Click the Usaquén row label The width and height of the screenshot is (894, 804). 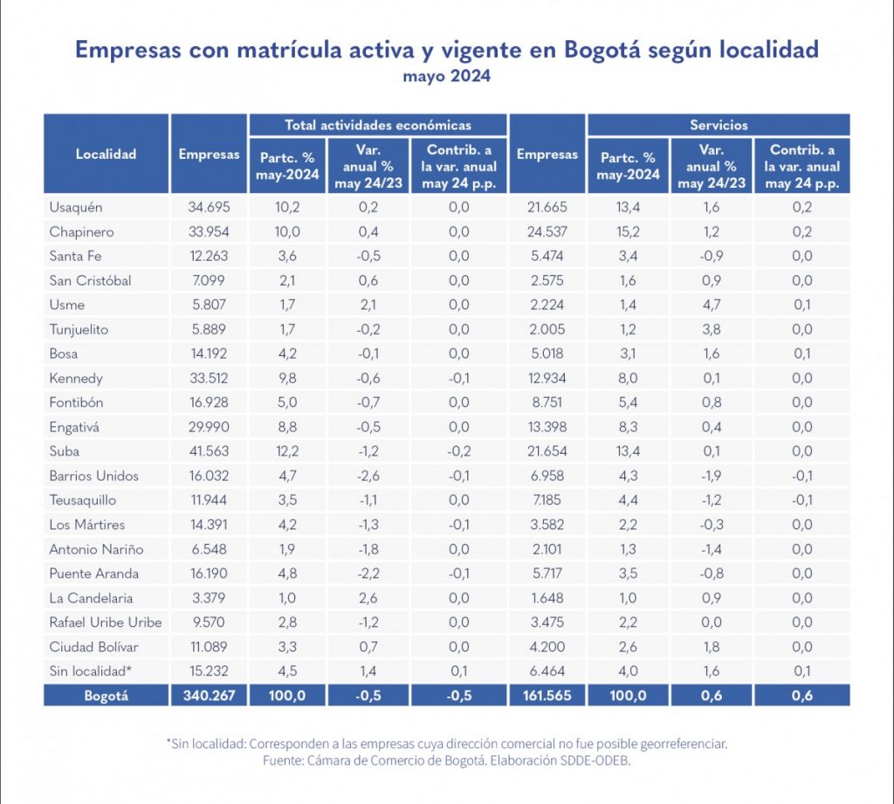click(x=76, y=208)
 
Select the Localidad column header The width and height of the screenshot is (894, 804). click(x=106, y=155)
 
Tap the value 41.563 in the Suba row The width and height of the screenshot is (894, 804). click(x=209, y=451)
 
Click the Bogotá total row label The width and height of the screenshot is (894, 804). click(x=106, y=697)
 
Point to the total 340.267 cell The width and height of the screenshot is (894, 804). click(x=209, y=697)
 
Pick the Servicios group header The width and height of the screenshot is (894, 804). click(x=718, y=125)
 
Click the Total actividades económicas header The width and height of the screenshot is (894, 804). click(x=378, y=125)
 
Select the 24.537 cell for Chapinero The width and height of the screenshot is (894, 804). click(x=547, y=232)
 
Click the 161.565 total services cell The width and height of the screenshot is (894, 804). click(x=547, y=697)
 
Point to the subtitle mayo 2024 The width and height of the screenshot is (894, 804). click(x=446, y=77)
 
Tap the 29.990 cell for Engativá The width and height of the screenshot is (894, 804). click(x=209, y=428)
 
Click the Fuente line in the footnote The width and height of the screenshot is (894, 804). click(x=446, y=760)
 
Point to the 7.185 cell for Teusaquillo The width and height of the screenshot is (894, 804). click(x=547, y=501)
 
